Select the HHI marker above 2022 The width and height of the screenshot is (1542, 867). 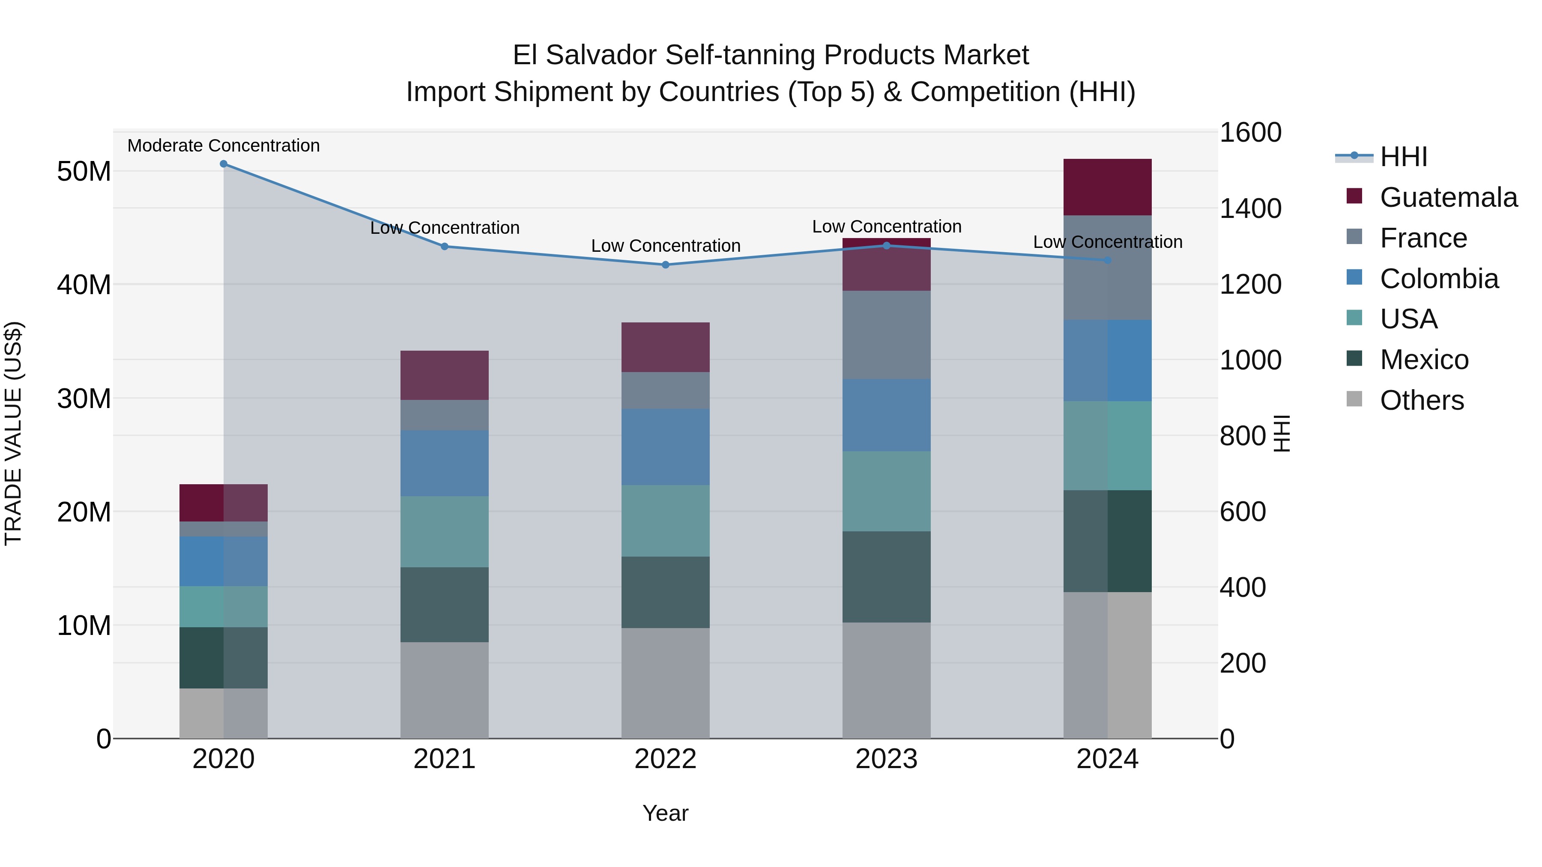point(665,265)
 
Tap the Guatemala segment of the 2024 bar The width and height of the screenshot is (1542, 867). point(1107,187)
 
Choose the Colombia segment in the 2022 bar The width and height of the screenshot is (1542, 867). point(665,447)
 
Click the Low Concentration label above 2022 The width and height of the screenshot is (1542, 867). point(665,246)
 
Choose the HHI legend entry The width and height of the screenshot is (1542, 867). point(1403,157)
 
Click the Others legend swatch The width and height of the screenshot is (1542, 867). point(1354,399)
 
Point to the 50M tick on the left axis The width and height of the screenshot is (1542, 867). point(84,172)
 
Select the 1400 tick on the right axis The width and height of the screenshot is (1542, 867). point(1250,209)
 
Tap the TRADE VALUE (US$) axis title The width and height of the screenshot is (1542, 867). point(13,433)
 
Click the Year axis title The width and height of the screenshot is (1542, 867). point(665,813)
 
